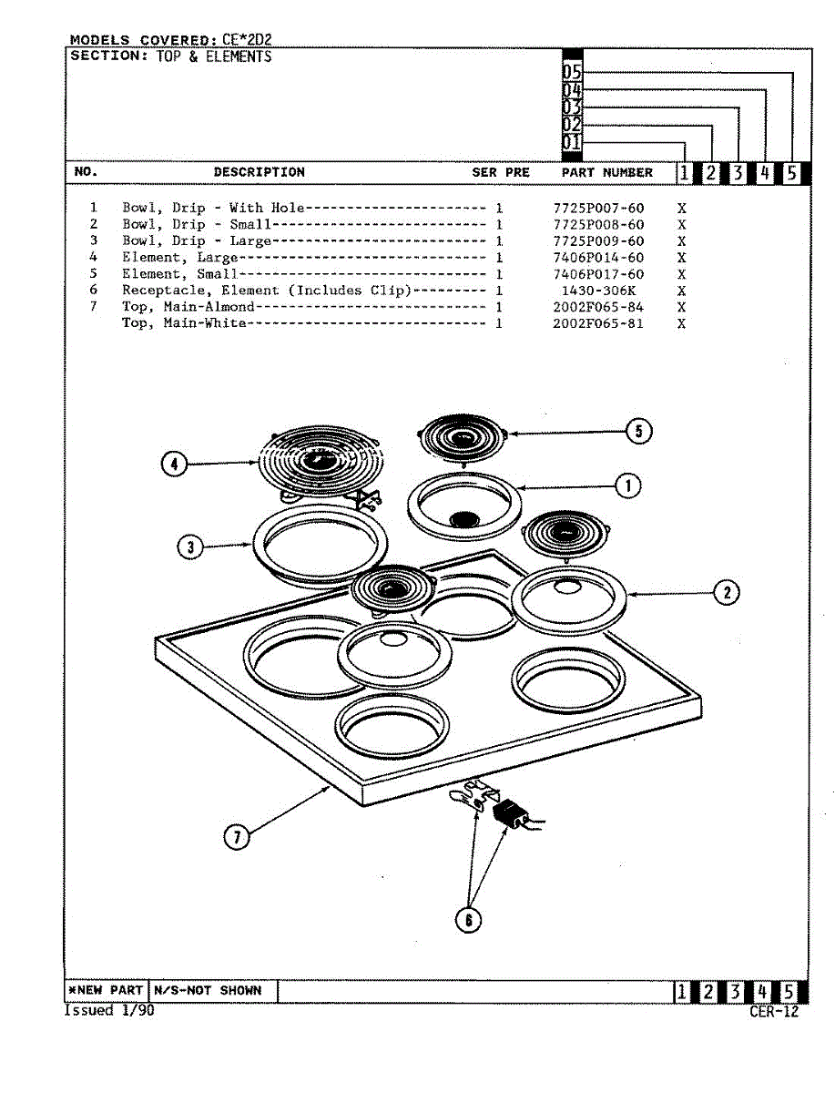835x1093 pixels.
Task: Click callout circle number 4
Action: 174,465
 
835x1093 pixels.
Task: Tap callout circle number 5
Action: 639,431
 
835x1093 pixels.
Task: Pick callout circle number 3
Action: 190,546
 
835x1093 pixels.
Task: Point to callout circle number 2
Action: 726,593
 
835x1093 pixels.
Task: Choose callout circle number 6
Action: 468,920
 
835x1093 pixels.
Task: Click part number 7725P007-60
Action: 598,209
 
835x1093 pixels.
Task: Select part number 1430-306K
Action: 598,291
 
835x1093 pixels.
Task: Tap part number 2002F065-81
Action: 598,323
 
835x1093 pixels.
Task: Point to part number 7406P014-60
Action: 598,258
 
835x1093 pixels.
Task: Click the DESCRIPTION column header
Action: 260,172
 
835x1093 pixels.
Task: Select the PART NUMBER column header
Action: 606,172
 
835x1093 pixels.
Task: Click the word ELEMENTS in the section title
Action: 239,56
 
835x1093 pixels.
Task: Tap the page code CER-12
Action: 774,1011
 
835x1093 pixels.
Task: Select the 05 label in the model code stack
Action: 572,73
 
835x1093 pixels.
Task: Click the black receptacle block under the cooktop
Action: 506,813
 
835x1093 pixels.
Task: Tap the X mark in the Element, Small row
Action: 681,274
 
